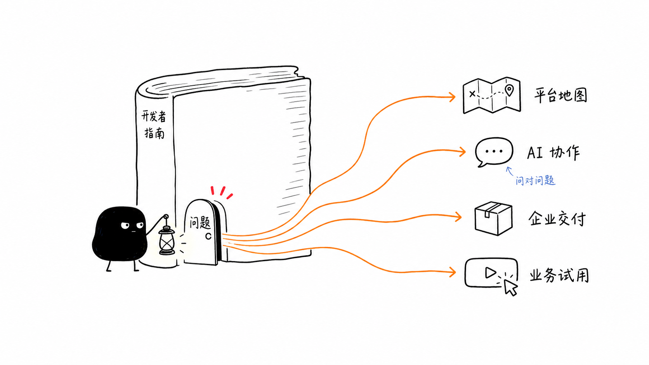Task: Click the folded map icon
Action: [492, 95]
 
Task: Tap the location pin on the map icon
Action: [509, 90]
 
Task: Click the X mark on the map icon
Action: [472, 94]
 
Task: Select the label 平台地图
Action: [560, 95]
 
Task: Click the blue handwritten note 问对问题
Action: [535, 180]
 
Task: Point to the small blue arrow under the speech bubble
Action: [510, 171]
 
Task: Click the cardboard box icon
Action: [493, 218]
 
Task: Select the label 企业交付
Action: [557, 218]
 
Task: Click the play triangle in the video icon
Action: [491, 273]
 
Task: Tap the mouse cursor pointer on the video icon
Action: [510, 287]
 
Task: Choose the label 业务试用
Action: [559, 275]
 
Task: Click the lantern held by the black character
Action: [167, 240]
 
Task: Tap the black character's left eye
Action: [125, 225]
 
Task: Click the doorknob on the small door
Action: [208, 236]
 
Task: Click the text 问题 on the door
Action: [200, 223]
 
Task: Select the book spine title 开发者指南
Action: [154, 125]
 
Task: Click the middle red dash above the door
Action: [222, 191]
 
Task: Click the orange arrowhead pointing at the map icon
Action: [452, 97]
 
